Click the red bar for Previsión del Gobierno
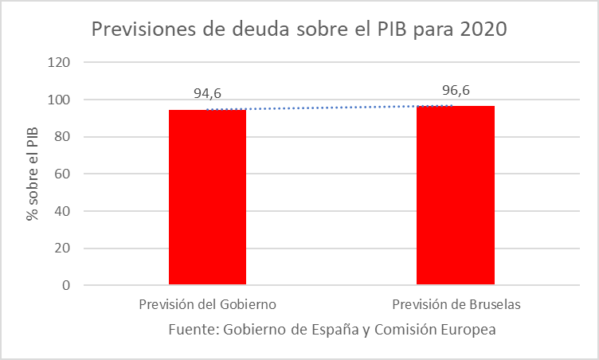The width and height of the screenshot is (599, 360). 207,197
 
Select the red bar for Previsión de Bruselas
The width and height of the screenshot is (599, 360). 456,195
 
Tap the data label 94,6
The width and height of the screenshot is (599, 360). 207,94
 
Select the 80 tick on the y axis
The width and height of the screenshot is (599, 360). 64,137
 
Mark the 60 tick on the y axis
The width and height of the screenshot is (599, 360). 64,174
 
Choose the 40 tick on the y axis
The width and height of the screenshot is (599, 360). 64,211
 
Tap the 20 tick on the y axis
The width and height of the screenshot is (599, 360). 64,248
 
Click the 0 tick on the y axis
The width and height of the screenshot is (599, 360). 67,285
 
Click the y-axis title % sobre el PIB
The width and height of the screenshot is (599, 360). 33,174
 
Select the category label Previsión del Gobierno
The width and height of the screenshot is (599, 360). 207,305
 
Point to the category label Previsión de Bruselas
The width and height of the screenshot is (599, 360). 456,305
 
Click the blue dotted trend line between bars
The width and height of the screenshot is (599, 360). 331,108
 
